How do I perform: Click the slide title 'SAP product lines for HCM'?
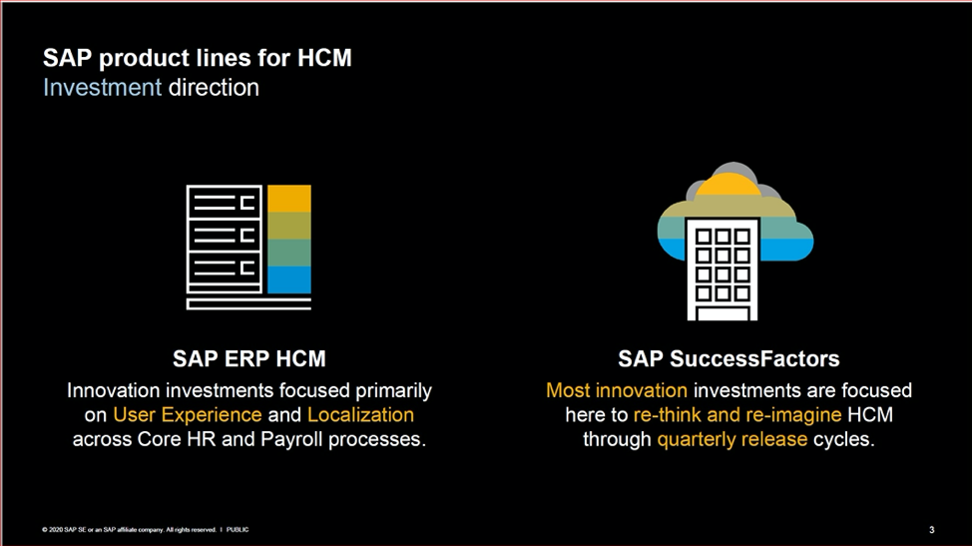click(x=197, y=59)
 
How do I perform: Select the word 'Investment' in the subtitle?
click(x=102, y=87)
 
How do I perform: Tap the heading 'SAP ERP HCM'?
click(x=248, y=358)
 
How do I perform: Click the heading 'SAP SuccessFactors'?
click(x=729, y=358)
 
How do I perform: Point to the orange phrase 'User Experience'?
click(x=188, y=414)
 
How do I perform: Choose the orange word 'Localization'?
click(x=360, y=414)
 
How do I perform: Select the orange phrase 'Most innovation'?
click(x=616, y=389)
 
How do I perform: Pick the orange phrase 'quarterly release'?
click(x=731, y=439)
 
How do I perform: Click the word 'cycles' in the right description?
click(x=843, y=439)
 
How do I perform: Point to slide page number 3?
click(x=931, y=529)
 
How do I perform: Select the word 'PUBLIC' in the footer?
click(x=238, y=529)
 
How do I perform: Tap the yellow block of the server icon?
click(x=289, y=199)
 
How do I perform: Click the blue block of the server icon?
click(x=289, y=279)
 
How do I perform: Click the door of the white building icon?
click(x=723, y=312)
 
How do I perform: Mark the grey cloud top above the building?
click(x=733, y=170)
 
